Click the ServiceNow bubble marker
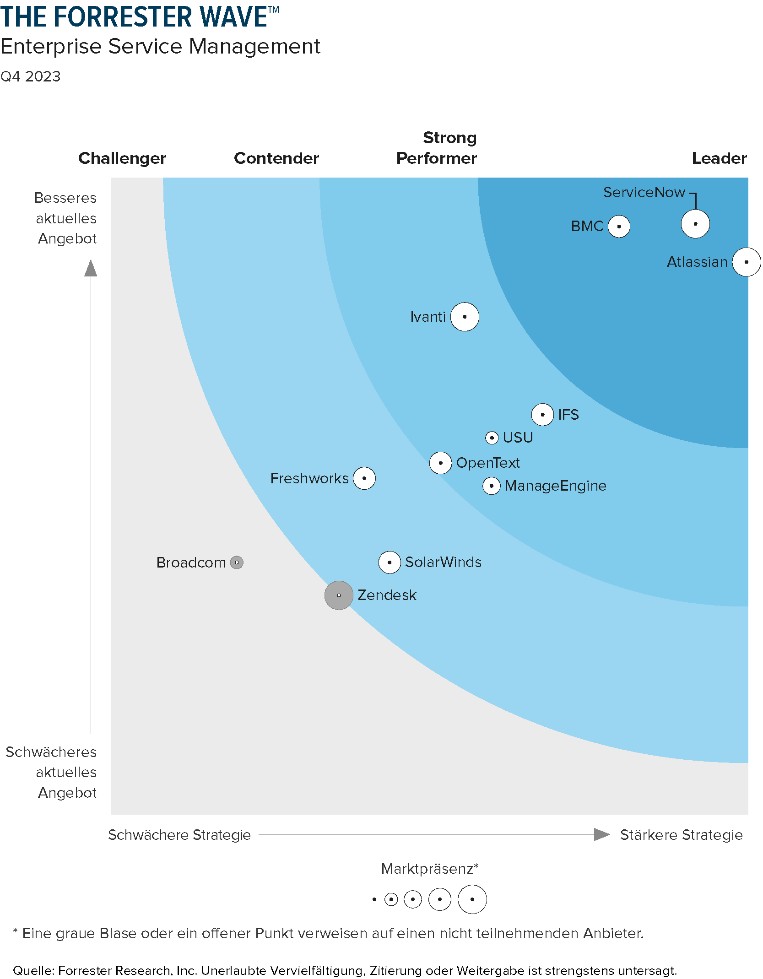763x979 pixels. tap(695, 224)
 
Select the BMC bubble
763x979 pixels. tap(619, 226)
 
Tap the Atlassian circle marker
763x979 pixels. tap(746, 262)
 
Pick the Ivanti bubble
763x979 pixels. tap(465, 316)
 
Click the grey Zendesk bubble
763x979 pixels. tap(339, 595)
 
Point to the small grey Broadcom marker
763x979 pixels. tap(237, 562)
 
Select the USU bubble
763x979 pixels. tap(492, 438)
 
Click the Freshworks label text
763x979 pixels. tap(309, 478)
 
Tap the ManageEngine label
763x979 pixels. tap(555, 486)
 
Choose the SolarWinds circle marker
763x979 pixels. tap(390, 562)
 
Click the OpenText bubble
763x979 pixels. tap(440, 463)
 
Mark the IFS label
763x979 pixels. tap(568, 415)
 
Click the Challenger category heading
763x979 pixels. tap(122, 158)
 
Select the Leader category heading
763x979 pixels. tap(719, 158)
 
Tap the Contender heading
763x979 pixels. tap(276, 158)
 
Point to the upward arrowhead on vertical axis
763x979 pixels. tap(91, 269)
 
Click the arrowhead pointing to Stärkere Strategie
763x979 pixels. tap(601, 834)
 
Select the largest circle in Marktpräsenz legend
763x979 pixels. tap(472, 899)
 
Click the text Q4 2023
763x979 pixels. tap(31, 76)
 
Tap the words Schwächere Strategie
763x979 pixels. tap(179, 835)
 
